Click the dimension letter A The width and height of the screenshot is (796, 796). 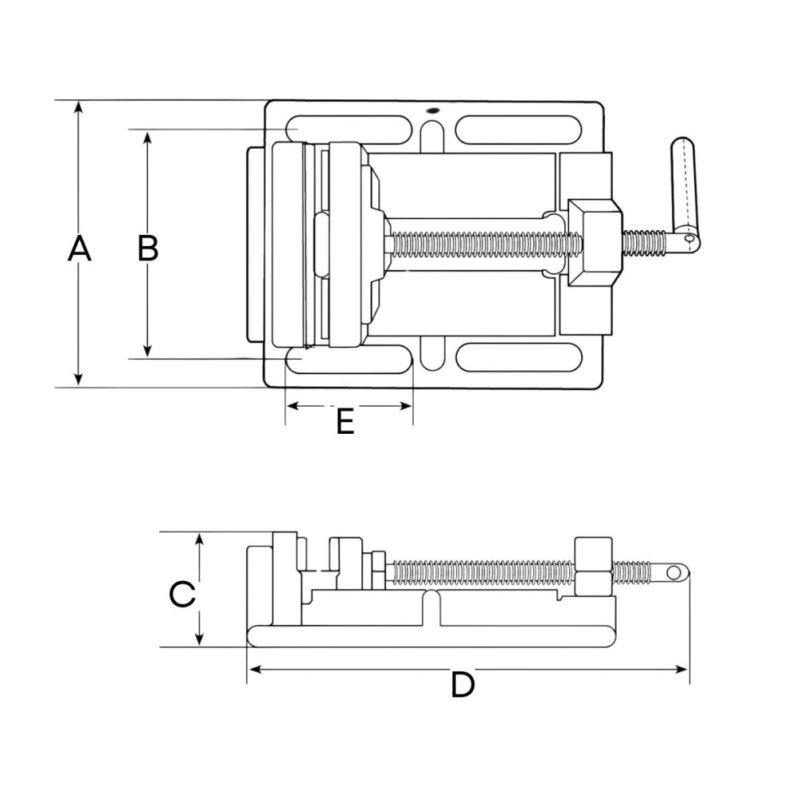(79, 248)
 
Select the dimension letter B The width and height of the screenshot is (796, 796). (148, 248)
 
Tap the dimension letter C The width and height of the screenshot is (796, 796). (182, 594)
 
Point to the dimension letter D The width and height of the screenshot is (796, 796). (462, 684)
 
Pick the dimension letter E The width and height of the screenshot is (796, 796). (345, 421)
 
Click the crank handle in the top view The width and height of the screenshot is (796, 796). (685, 195)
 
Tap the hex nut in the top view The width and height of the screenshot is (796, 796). (595, 243)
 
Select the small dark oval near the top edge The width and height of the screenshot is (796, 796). (433, 110)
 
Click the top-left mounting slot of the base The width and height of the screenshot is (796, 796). (349, 130)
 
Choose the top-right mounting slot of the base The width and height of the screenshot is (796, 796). (518, 130)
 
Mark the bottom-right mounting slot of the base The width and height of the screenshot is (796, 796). (519, 357)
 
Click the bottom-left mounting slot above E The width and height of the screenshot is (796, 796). (349, 360)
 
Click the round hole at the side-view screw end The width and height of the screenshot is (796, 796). (673, 573)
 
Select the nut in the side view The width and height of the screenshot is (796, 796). (594, 567)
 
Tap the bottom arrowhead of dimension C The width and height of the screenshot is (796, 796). (200, 638)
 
